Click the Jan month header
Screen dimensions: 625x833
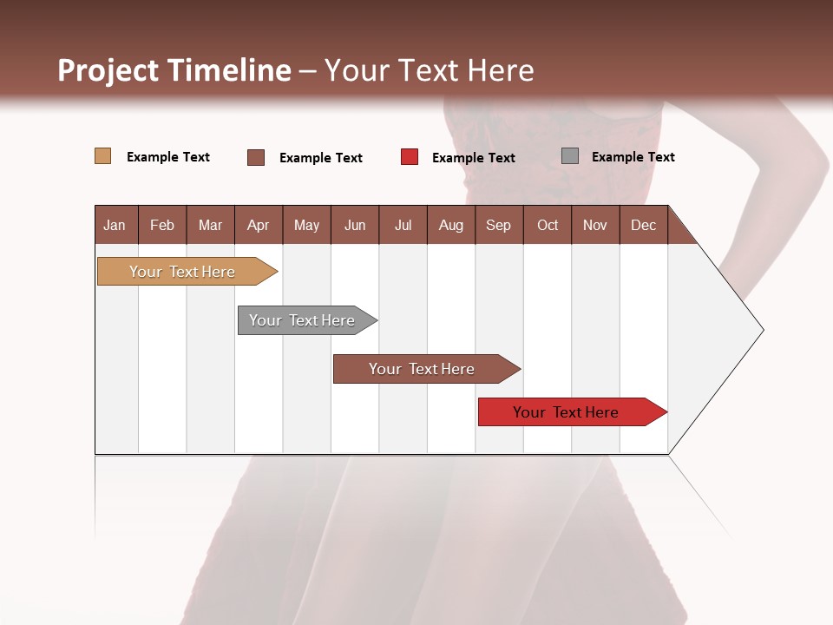[115, 225]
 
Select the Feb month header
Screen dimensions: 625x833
[162, 225]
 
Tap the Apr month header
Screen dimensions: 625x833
[259, 225]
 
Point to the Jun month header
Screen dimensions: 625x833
[355, 225]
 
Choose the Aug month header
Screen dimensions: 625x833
[451, 225]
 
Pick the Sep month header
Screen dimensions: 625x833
[499, 225]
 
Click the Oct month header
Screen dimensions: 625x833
[548, 225]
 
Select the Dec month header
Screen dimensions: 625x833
[644, 225]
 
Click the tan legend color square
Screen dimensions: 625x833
[103, 156]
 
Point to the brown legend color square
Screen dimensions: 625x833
[256, 157]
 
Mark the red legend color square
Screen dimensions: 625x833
[410, 157]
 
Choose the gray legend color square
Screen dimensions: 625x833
[570, 156]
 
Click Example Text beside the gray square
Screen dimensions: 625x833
[633, 157]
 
